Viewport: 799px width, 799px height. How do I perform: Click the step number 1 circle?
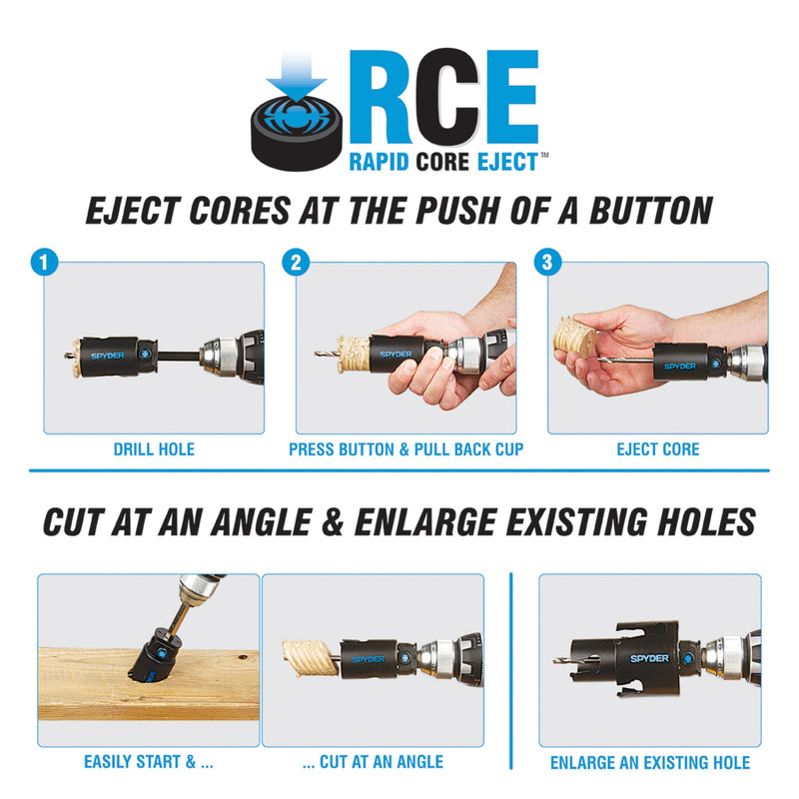coord(44,263)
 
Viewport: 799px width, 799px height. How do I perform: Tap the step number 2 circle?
coord(296,263)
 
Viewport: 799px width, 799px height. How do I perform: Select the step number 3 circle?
coord(547,263)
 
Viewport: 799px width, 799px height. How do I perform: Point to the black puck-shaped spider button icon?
coord(296,133)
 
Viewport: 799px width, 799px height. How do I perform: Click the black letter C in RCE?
coord(447,96)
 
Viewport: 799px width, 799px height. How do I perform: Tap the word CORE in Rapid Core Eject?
coord(442,162)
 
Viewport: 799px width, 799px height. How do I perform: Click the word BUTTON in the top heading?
coord(651,211)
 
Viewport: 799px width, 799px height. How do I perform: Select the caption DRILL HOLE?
coord(154,449)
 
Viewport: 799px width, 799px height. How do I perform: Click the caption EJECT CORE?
coord(658,449)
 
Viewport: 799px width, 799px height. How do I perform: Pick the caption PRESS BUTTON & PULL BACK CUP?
coord(406,449)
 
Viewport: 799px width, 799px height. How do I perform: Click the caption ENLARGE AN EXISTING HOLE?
coord(650,762)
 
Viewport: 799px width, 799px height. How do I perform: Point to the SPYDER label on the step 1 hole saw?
coord(108,356)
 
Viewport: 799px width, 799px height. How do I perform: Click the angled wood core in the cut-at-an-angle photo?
coord(310,659)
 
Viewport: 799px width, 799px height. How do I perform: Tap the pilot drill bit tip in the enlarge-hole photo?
coord(555,661)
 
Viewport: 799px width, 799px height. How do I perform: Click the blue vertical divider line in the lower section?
coord(511,670)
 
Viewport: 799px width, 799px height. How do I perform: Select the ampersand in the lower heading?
coord(333,522)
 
